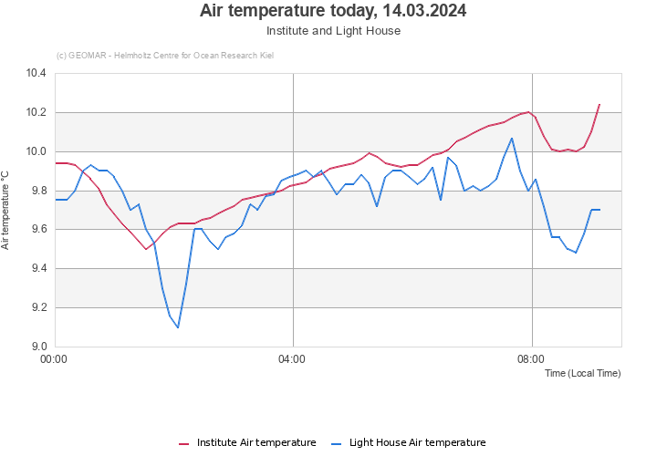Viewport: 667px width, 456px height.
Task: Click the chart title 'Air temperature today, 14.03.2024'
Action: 333,11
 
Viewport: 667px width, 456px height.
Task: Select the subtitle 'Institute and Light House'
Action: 333,30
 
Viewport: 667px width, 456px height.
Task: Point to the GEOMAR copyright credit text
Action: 164,56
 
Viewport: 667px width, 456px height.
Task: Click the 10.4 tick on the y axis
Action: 36,73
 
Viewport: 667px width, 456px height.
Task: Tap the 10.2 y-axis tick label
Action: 36,112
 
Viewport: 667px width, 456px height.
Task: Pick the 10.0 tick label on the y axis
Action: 36,151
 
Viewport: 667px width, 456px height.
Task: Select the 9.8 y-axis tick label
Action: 36,191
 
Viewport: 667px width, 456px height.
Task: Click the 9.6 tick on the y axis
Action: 36,230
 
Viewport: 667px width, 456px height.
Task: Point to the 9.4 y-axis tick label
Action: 36,268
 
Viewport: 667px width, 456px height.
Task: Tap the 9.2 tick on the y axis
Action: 36,307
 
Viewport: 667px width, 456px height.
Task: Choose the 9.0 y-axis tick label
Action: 36,347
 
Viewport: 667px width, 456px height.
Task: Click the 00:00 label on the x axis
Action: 55,359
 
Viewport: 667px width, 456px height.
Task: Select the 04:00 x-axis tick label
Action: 292,359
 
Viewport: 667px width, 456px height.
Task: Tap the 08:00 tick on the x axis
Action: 531,359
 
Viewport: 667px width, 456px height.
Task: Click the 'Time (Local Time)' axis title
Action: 582,373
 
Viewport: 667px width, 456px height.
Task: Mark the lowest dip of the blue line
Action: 177,326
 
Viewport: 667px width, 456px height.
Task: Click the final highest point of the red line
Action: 599,105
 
